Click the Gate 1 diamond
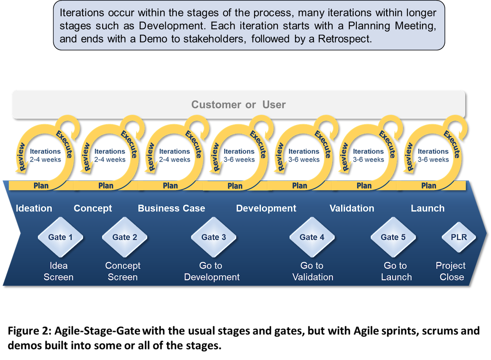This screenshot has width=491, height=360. point(60,237)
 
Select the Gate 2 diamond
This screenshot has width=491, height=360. point(124,237)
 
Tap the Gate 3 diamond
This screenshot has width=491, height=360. point(214,237)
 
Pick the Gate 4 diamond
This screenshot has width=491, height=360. point(312,237)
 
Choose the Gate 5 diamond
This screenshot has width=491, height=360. point(393,237)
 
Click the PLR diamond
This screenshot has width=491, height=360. point(459,237)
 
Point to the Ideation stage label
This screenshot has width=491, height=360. point(34,208)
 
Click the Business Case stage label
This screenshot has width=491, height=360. point(171,208)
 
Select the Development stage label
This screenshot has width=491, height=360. point(266,208)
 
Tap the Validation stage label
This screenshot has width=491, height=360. point(352,208)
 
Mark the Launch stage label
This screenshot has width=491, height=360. point(428,208)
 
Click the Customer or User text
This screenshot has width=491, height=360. point(239,104)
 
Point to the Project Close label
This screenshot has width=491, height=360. point(451,271)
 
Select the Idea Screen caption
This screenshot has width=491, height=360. point(59,271)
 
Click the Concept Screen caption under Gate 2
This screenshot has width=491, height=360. point(123,271)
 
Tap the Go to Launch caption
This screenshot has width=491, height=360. point(396,271)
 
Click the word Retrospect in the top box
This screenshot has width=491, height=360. point(345,39)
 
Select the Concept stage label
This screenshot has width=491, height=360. point(93,209)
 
